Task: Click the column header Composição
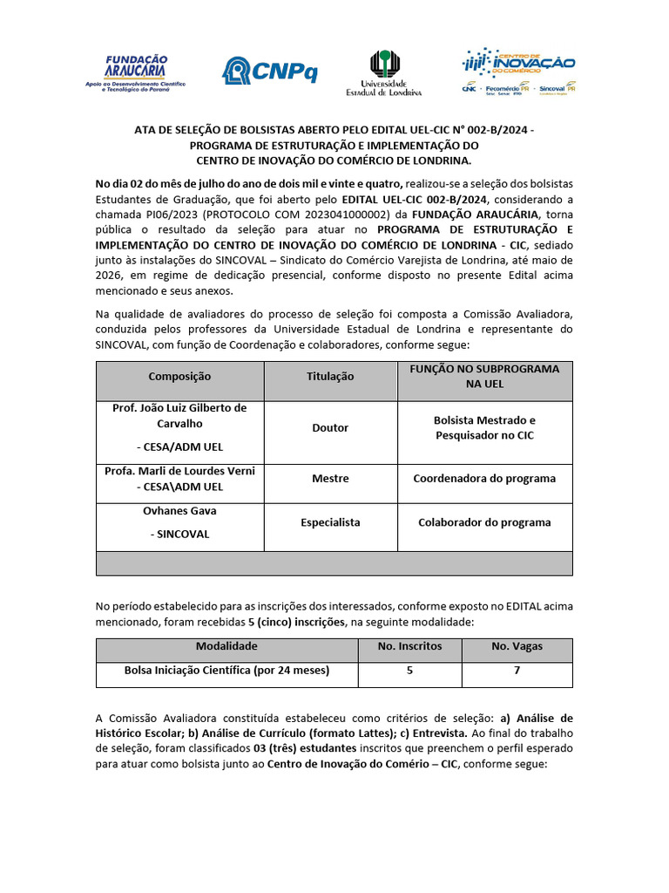(x=179, y=377)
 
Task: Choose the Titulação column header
(x=330, y=377)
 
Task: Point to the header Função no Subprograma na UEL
(x=484, y=377)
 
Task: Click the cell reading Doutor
(x=330, y=428)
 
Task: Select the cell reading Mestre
(x=330, y=479)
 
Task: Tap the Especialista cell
(x=330, y=522)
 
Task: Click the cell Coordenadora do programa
(x=484, y=479)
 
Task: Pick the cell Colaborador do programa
(x=484, y=522)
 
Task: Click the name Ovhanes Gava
(x=179, y=511)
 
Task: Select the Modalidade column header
(x=226, y=647)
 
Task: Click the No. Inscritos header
(x=409, y=647)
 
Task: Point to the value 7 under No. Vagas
(x=517, y=671)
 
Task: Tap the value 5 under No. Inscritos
(x=409, y=671)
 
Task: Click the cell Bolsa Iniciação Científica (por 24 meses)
(x=226, y=671)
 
